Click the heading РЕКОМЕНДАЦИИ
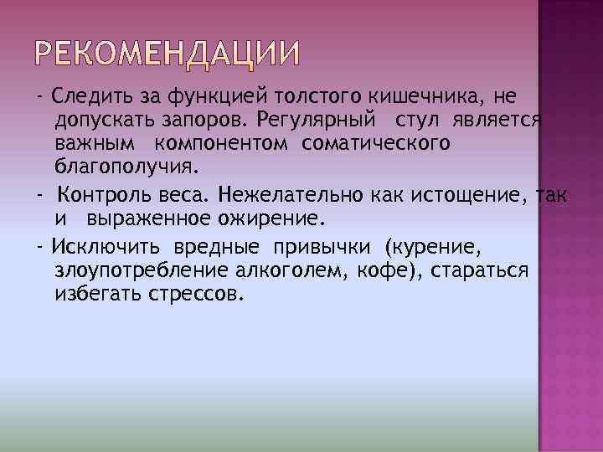pyautogui.click(x=167, y=55)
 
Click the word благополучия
pyautogui.click(x=126, y=167)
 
